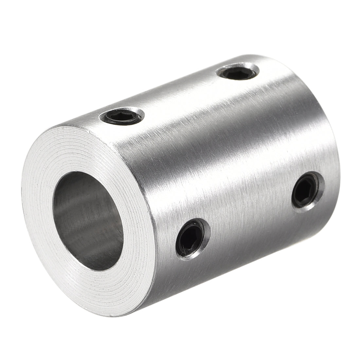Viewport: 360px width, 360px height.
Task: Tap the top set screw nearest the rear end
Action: coord(238,71)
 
